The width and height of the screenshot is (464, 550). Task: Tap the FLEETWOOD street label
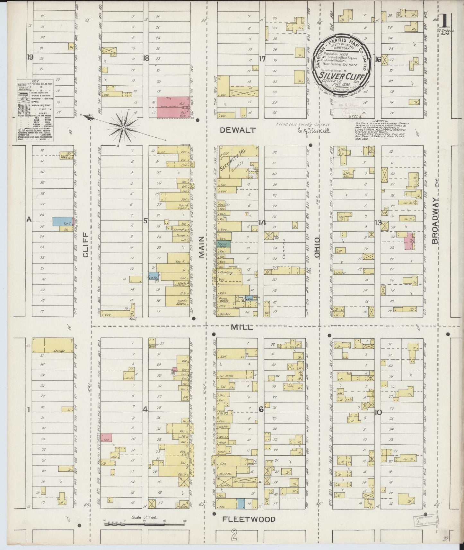point(249,519)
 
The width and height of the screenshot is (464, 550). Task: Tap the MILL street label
point(242,327)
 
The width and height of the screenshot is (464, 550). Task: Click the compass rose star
point(123,128)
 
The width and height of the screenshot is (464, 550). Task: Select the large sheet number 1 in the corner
point(444,21)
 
